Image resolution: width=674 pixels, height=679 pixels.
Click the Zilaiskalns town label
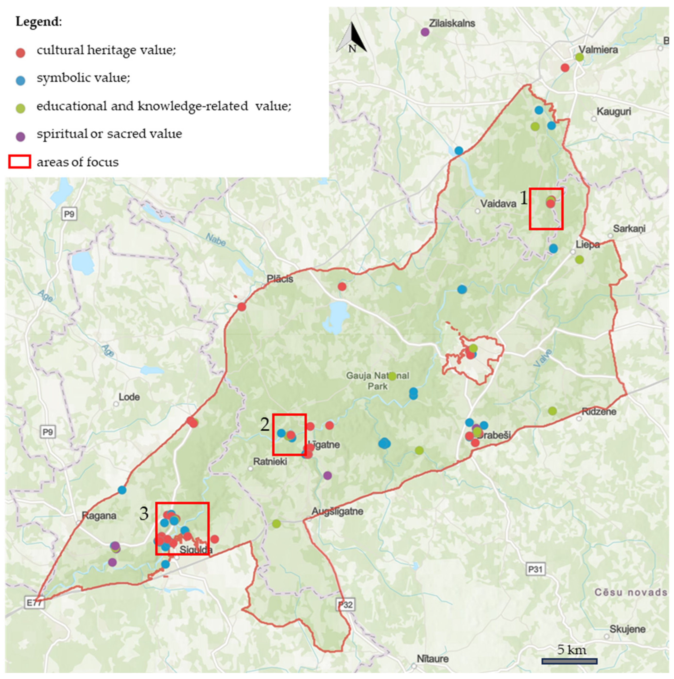(452, 23)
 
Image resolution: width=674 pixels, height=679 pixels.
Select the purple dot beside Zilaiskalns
(425, 32)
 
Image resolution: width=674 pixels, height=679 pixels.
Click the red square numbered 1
(546, 209)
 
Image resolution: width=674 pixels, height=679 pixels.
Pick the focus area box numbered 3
(182, 528)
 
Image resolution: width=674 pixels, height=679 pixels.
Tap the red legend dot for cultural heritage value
(21, 53)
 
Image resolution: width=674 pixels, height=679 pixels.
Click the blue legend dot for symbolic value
(21, 80)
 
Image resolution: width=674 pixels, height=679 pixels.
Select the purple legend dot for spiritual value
(21, 136)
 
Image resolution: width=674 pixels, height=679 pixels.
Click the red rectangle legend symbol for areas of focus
(19, 162)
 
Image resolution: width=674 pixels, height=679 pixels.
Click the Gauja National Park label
(378, 381)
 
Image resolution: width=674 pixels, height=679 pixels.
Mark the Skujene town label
(627, 629)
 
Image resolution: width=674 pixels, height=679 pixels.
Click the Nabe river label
(215, 239)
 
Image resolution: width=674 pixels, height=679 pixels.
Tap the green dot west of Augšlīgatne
(276, 524)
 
